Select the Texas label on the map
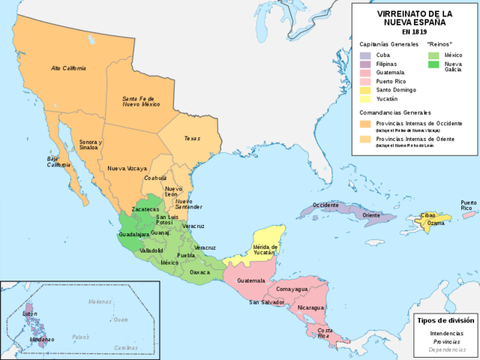pos(193,139)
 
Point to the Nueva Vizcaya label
pos(127,169)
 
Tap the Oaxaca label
pos(200,272)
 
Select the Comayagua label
pos(292,289)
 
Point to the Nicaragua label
pos(310,307)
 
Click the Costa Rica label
pos(325,332)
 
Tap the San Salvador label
pos(266,302)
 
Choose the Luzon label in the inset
pos(30,313)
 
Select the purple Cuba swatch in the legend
pos(365,55)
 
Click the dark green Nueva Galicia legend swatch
pos(433,64)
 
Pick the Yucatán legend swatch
pos(365,99)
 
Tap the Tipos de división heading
pos(446,320)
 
